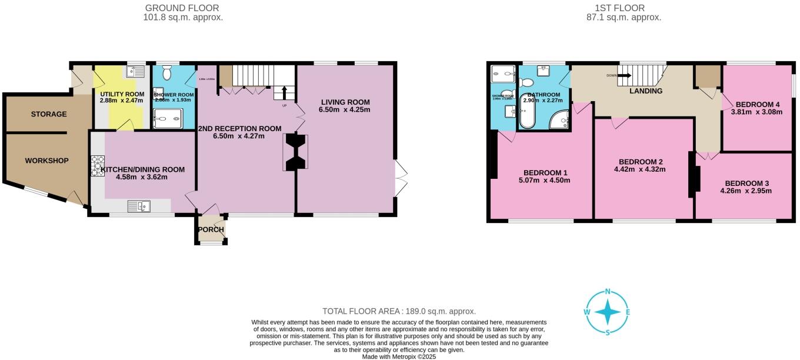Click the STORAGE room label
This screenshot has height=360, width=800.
coord(49,114)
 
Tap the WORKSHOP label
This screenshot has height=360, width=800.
coord(46,161)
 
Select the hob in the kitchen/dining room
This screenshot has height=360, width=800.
coord(97,165)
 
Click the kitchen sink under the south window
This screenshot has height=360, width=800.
coord(140,206)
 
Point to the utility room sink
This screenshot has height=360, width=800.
coord(138,72)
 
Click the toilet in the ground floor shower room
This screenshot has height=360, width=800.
coord(166,73)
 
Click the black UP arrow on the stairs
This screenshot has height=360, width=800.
coord(285,93)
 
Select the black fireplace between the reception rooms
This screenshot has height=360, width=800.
coord(295,152)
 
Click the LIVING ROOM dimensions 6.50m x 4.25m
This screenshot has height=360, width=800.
coord(345,109)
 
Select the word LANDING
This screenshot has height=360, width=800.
coord(646,91)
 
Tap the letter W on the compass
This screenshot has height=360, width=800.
coord(587,312)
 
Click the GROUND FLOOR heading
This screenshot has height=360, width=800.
coord(182,8)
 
